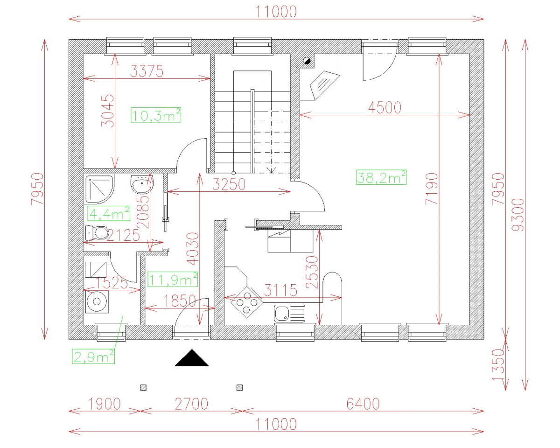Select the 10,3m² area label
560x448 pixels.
point(156,115)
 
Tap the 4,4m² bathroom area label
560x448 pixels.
point(109,214)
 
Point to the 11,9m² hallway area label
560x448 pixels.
point(173,279)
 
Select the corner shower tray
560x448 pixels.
point(99,189)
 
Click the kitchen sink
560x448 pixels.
point(289,313)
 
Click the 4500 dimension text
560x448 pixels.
point(385,107)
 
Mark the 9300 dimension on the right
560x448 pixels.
point(518,215)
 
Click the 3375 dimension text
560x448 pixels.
point(147,72)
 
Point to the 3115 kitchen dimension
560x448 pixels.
point(280,291)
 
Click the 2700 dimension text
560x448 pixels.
point(191,404)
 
